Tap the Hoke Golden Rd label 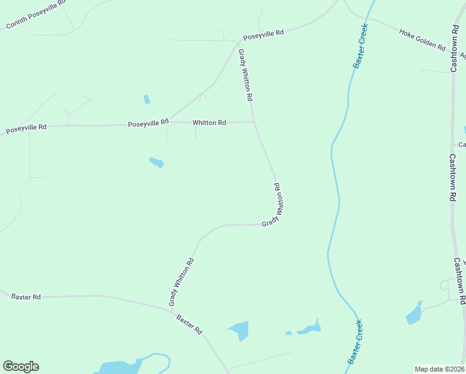(422, 39)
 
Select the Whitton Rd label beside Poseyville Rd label (209, 123)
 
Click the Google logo (21, 367)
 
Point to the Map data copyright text (440, 369)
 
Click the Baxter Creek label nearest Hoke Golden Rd (359, 46)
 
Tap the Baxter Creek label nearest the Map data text (355, 342)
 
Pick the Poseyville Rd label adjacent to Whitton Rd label (148, 123)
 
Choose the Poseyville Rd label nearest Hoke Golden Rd (264, 34)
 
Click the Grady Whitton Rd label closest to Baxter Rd (181, 282)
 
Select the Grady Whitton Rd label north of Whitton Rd (246, 76)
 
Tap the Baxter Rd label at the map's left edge (26, 297)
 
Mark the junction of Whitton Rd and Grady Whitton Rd (254, 122)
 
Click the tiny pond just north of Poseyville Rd (147, 99)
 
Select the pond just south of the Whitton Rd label (156, 163)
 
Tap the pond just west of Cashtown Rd (414, 314)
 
